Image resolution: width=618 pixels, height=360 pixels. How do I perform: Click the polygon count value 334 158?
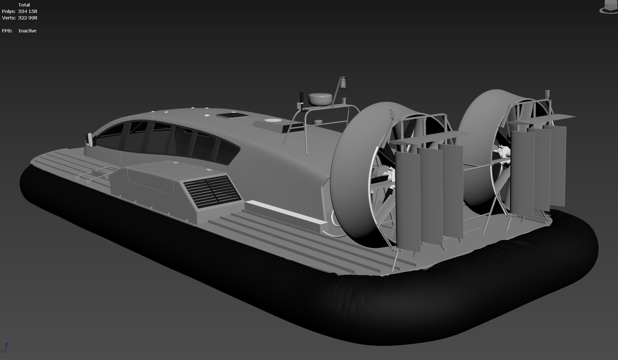pyautogui.click(x=28, y=11)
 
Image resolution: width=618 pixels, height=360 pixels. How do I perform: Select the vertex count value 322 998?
pyautogui.click(x=28, y=18)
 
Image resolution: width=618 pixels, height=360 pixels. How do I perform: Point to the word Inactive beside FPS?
pyautogui.click(x=28, y=31)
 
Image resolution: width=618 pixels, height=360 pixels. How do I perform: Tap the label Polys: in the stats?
pyautogui.click(x=8, y=11)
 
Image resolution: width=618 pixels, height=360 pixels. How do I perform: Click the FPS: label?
pyautogui.click(x=7, y=31)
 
